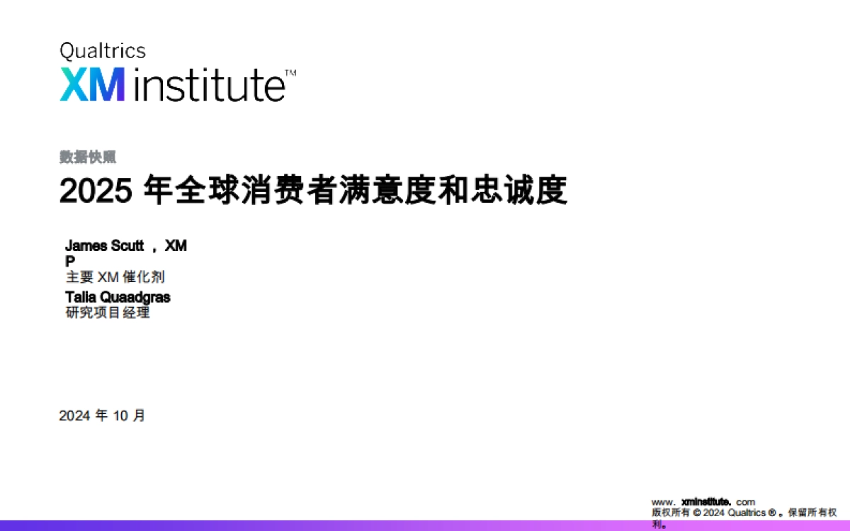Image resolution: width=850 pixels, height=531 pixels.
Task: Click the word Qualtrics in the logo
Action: click(103, 51)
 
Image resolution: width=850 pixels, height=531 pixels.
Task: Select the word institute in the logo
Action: click(208, 85)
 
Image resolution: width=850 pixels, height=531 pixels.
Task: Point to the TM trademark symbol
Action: click(290, 73)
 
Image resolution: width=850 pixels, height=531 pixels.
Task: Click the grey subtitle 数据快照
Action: click(88, 158)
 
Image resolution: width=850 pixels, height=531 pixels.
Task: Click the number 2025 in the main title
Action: click(96, 191)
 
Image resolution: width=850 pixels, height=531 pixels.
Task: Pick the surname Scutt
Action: click(127, 246)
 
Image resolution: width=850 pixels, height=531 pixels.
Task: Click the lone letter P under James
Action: click(69, 261)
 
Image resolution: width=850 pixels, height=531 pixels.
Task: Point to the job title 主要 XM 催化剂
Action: click(115, 277)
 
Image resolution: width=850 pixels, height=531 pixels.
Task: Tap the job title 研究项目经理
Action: click(108, 313)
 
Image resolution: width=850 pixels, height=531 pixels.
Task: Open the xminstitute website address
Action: click(703, 502)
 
